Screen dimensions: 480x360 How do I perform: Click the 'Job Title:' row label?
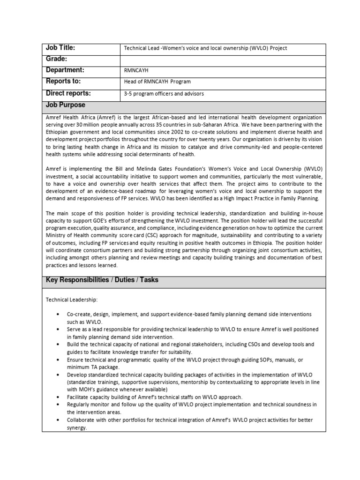pos(60,48)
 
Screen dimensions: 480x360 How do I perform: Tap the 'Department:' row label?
pos(65,70)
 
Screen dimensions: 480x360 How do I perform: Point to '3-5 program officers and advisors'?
pos(164,93)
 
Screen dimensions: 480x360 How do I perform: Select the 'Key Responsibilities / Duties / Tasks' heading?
pos(102,280)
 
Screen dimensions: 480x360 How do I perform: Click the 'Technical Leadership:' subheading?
pos(72,299)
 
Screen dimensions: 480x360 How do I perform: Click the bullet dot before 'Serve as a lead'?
pos(57,329)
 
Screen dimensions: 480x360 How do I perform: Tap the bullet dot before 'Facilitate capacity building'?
pos(57,397)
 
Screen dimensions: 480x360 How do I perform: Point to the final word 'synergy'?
pos(76,427)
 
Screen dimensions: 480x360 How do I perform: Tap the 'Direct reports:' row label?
pos(68,93)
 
